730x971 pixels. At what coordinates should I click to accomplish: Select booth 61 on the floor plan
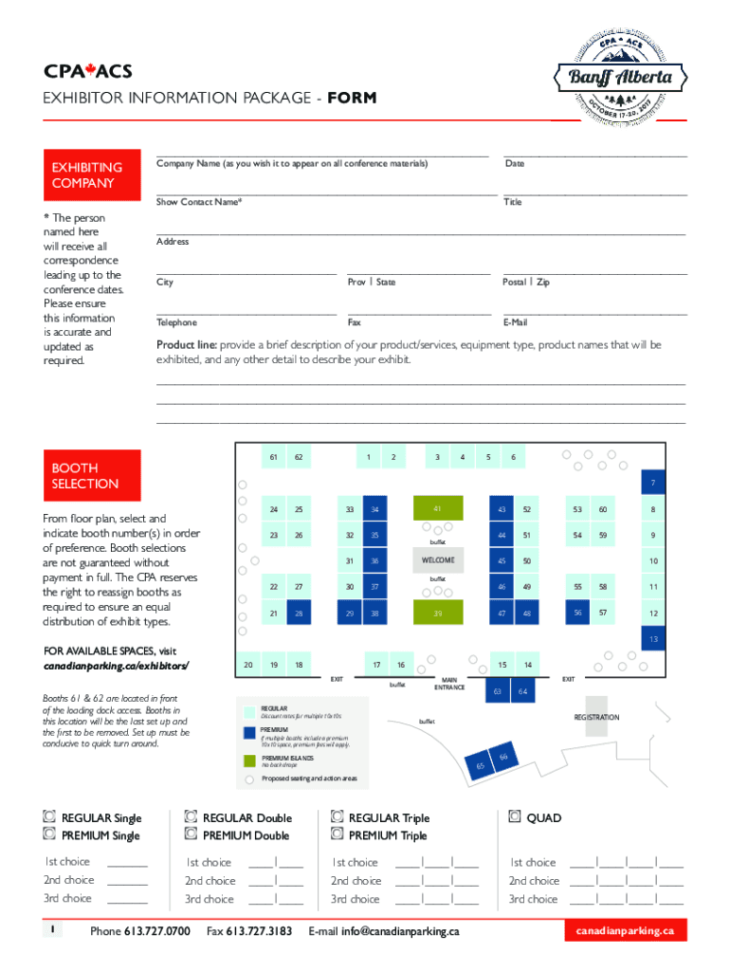[x=273, y=457]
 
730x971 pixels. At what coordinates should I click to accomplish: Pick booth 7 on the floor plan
[x=652, y=483]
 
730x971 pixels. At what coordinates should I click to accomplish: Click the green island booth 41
[x=437, y=509]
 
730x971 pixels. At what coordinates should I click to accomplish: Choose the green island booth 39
[x=437, y=614]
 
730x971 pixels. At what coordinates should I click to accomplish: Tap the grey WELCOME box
[x=438, y=560]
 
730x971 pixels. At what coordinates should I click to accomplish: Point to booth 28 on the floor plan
[x=299, y=614]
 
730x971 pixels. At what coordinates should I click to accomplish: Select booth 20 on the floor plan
[x=247, y=665]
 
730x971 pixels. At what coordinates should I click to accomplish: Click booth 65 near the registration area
[x=482, y=765]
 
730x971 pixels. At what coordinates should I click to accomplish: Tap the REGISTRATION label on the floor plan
[x=596, y=718]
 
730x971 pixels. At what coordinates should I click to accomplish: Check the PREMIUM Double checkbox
[x=191, y=834]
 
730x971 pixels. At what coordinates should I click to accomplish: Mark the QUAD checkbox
[x=515, y=816]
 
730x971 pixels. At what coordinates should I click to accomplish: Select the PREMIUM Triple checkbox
[x=337, y=834]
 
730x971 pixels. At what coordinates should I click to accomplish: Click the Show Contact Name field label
[x=198, y=202]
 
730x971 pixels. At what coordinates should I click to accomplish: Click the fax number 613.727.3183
[x=259, y=931]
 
